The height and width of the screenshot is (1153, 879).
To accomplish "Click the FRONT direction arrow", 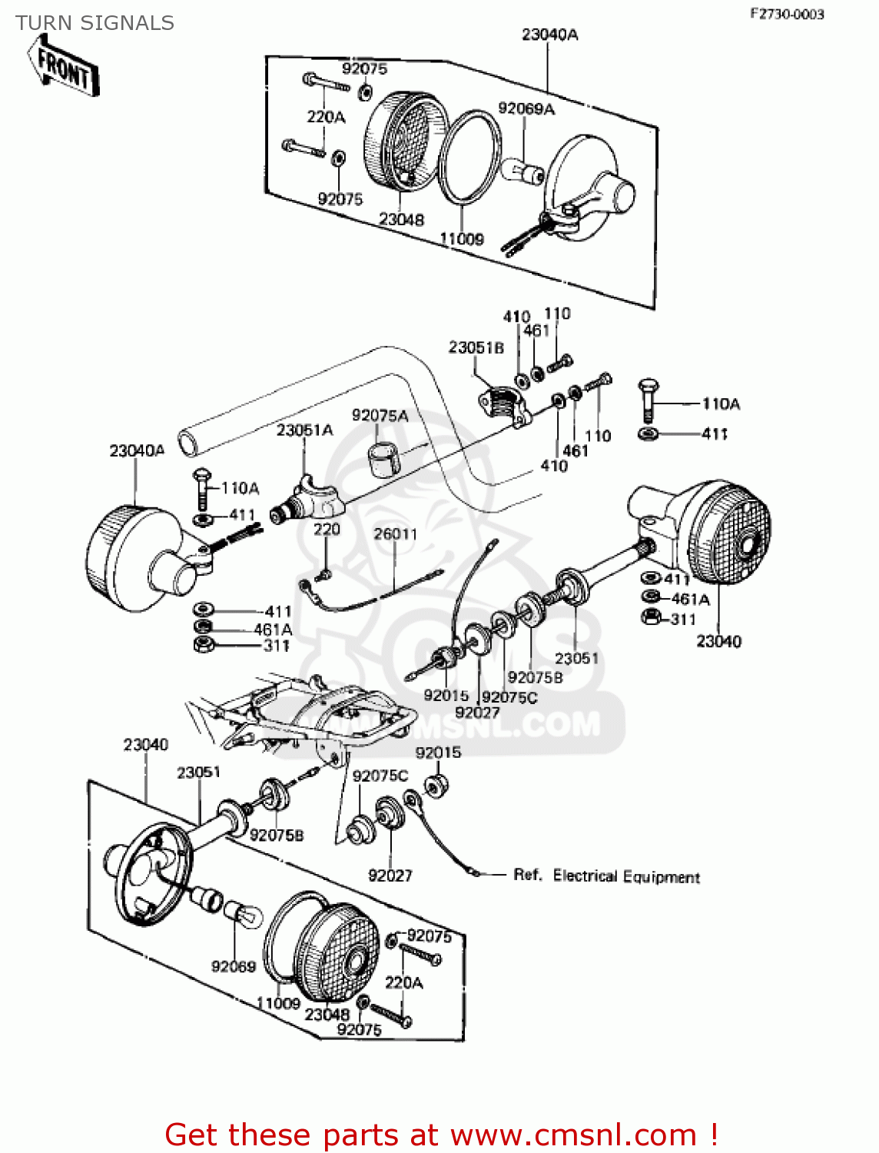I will pos(65,68).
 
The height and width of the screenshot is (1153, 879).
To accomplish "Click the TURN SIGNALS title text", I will pos(95,23).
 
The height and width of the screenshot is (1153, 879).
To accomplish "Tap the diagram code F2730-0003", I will pos(787,14).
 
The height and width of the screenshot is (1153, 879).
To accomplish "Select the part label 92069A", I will pos(526,109).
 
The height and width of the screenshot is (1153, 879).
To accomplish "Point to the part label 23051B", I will pos(476,348).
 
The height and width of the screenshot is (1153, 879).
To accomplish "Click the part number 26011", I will pos(396,534).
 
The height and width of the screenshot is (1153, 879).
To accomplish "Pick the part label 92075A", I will pos(380,416).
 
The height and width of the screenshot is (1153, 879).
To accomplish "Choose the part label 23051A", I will pos(305,430).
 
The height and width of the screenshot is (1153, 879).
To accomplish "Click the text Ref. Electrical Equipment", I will pos(606,876).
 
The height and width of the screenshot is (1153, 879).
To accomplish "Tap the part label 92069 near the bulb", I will pos(234,966).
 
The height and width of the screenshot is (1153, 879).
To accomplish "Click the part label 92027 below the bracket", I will pos(390,876).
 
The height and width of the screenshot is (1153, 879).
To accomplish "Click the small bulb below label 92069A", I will pos(522,170).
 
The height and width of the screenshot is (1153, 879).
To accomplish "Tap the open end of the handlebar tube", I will pos(187,444).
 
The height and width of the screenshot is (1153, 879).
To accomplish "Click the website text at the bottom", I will pos(442,1135).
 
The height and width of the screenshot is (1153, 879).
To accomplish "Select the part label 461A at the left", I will pos(274,630).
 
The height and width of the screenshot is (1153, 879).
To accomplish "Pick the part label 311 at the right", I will pos(683,620).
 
